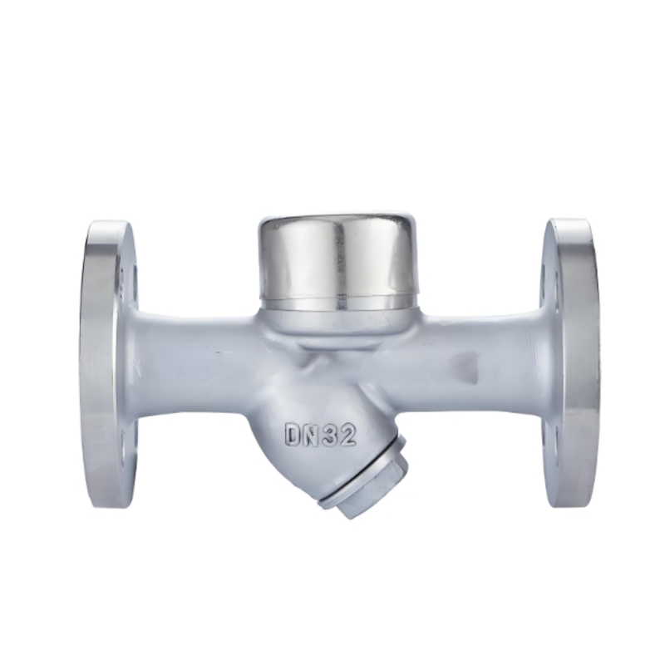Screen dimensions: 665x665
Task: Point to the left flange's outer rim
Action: (x=101, y=365)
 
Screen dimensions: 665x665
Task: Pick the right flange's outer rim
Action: (x=574, y=363)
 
